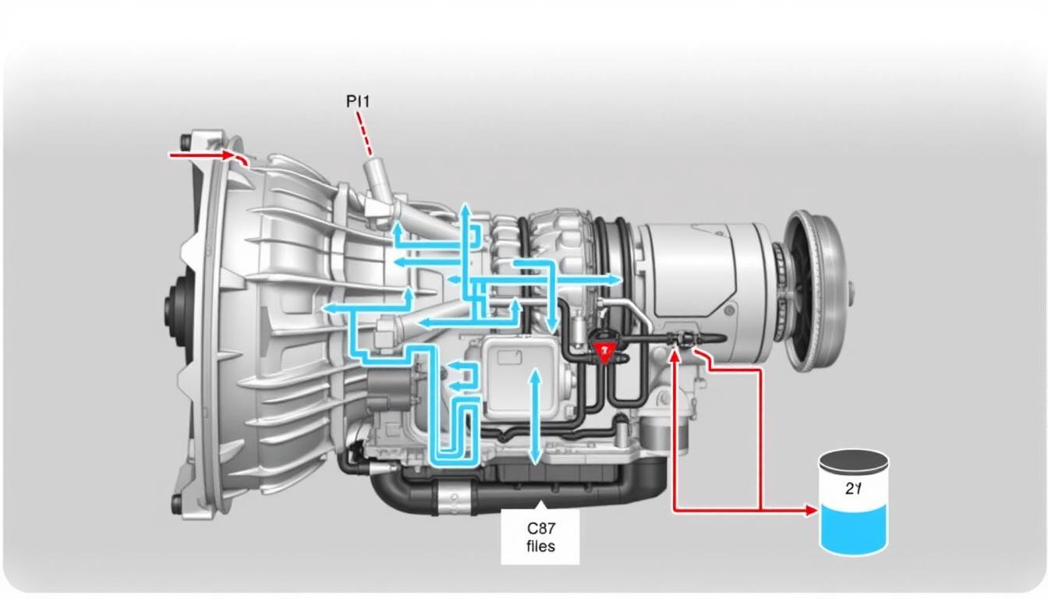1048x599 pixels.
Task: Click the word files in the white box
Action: point(540,546)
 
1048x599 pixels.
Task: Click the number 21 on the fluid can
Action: point(852,489)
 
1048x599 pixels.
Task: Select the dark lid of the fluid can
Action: point(854,461)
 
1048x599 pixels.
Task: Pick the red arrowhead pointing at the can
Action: point(811,511)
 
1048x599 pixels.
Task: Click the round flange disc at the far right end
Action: point(816,290)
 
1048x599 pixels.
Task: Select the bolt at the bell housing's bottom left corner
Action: point(177,503)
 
